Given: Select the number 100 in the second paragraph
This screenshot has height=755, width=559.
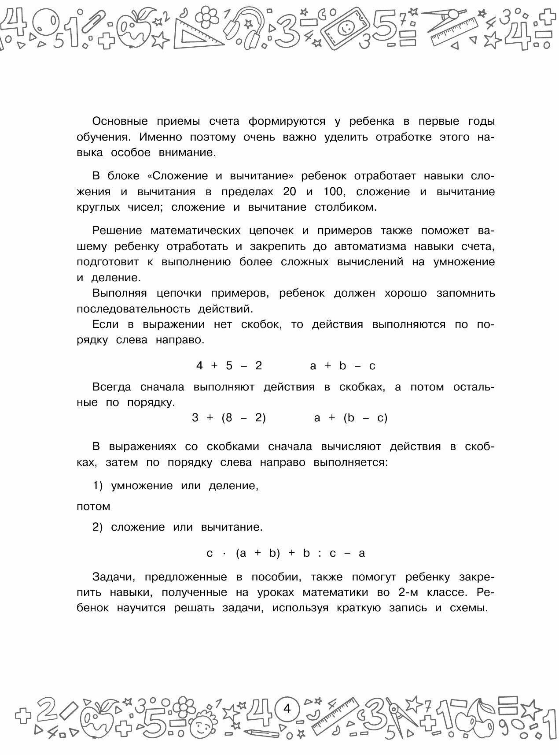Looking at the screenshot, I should click(334, 192).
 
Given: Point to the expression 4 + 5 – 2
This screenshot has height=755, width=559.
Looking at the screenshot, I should click(229, 366).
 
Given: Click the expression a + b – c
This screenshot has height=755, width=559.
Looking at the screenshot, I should click(342, 366).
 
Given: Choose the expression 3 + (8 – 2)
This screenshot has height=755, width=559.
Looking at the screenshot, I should click(229, 418).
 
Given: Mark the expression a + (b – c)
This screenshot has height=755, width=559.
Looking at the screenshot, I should click(351, 418).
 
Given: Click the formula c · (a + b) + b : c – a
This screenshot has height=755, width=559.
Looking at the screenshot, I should click(286, 553).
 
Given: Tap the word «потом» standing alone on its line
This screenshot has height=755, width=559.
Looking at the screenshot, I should click(93, 506).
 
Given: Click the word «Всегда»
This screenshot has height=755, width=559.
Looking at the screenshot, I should click(112, 387).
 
